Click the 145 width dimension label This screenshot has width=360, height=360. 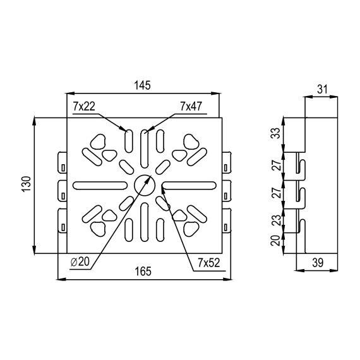click(142, 85)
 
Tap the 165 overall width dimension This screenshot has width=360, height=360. click(143, 272)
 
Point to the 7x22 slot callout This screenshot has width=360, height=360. click(84, 107)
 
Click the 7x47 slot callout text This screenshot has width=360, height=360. click(191, 106)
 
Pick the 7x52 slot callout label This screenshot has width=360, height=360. click(209, 263)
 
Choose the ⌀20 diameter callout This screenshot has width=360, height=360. click(80, 262)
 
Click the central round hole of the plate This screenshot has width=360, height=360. click(145, 185)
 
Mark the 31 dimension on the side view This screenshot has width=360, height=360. click(322, 89)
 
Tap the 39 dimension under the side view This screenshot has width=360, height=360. click(318, 263)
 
